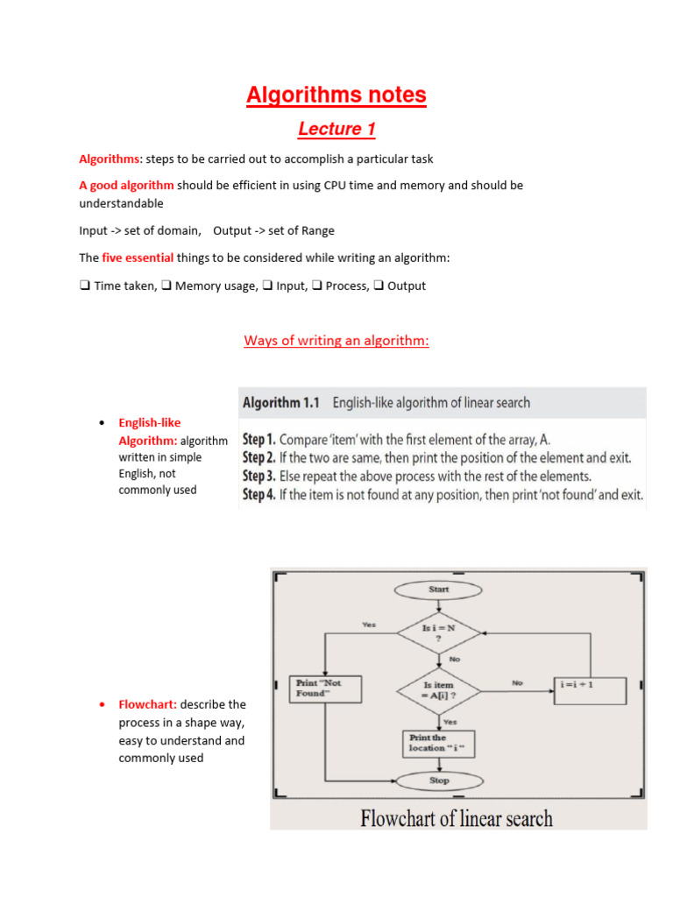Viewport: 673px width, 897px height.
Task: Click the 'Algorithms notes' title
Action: [x=336, y=95]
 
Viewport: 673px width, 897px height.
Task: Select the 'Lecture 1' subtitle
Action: [x=336, y=130]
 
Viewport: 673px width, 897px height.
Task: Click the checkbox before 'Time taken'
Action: [x=84, y=286]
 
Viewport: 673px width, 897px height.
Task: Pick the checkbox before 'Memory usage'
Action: [x=166, y=286]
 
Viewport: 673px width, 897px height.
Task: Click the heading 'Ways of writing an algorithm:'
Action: [x=336, y=341]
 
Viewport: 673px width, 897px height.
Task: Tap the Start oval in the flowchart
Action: [x=439, y=590]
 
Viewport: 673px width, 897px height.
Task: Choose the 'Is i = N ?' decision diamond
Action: [x=439, y=633]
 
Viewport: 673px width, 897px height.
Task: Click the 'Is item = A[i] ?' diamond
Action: [x=439, y=690]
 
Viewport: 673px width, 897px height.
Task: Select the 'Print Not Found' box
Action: [x=325, y=689]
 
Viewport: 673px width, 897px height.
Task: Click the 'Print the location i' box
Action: [x=439, y=743]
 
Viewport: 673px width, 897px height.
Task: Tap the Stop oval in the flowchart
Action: [x=439, y=780]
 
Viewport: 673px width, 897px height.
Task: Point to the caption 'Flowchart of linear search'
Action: [x=457, y=819]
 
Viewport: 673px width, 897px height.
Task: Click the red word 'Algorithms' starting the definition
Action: [x=109, y=159]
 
